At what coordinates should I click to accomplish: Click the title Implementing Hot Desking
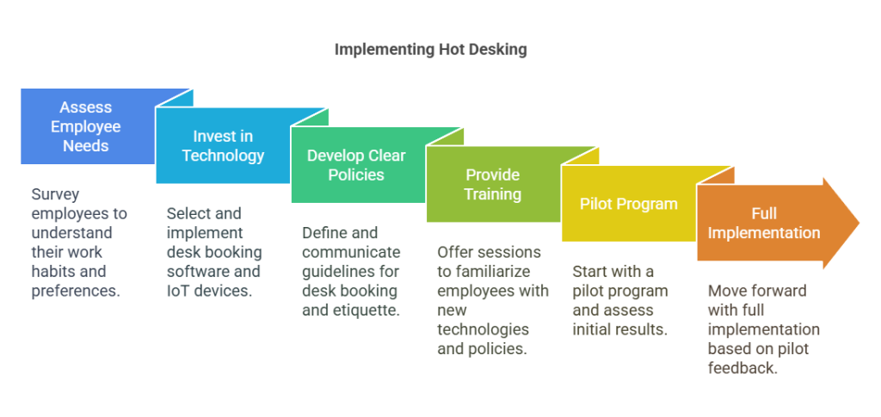click(x=430, y=49)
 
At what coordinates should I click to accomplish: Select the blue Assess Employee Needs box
click(x=85, y=126)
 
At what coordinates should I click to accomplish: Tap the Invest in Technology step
click(x=223, y=146)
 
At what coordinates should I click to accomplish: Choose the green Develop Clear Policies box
click(x=356, y=165)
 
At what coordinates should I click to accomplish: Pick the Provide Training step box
click(x=492, y=184)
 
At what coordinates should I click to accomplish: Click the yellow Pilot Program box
click(x=628, y=205)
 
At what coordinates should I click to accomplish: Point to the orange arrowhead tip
click(x=857, y=223)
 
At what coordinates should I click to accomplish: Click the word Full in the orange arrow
click(x=763, y=213)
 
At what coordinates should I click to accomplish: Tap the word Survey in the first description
click(x=55, y=194)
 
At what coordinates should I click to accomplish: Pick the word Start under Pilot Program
click(x=590, y=271)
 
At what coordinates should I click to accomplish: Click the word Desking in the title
click(x=496, y=49)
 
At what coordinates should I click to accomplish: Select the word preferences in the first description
click(x=75, y=291)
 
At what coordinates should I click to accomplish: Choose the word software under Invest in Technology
click(x=195, y=272)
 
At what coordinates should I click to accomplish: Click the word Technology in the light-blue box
click(x=223, y=156)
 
